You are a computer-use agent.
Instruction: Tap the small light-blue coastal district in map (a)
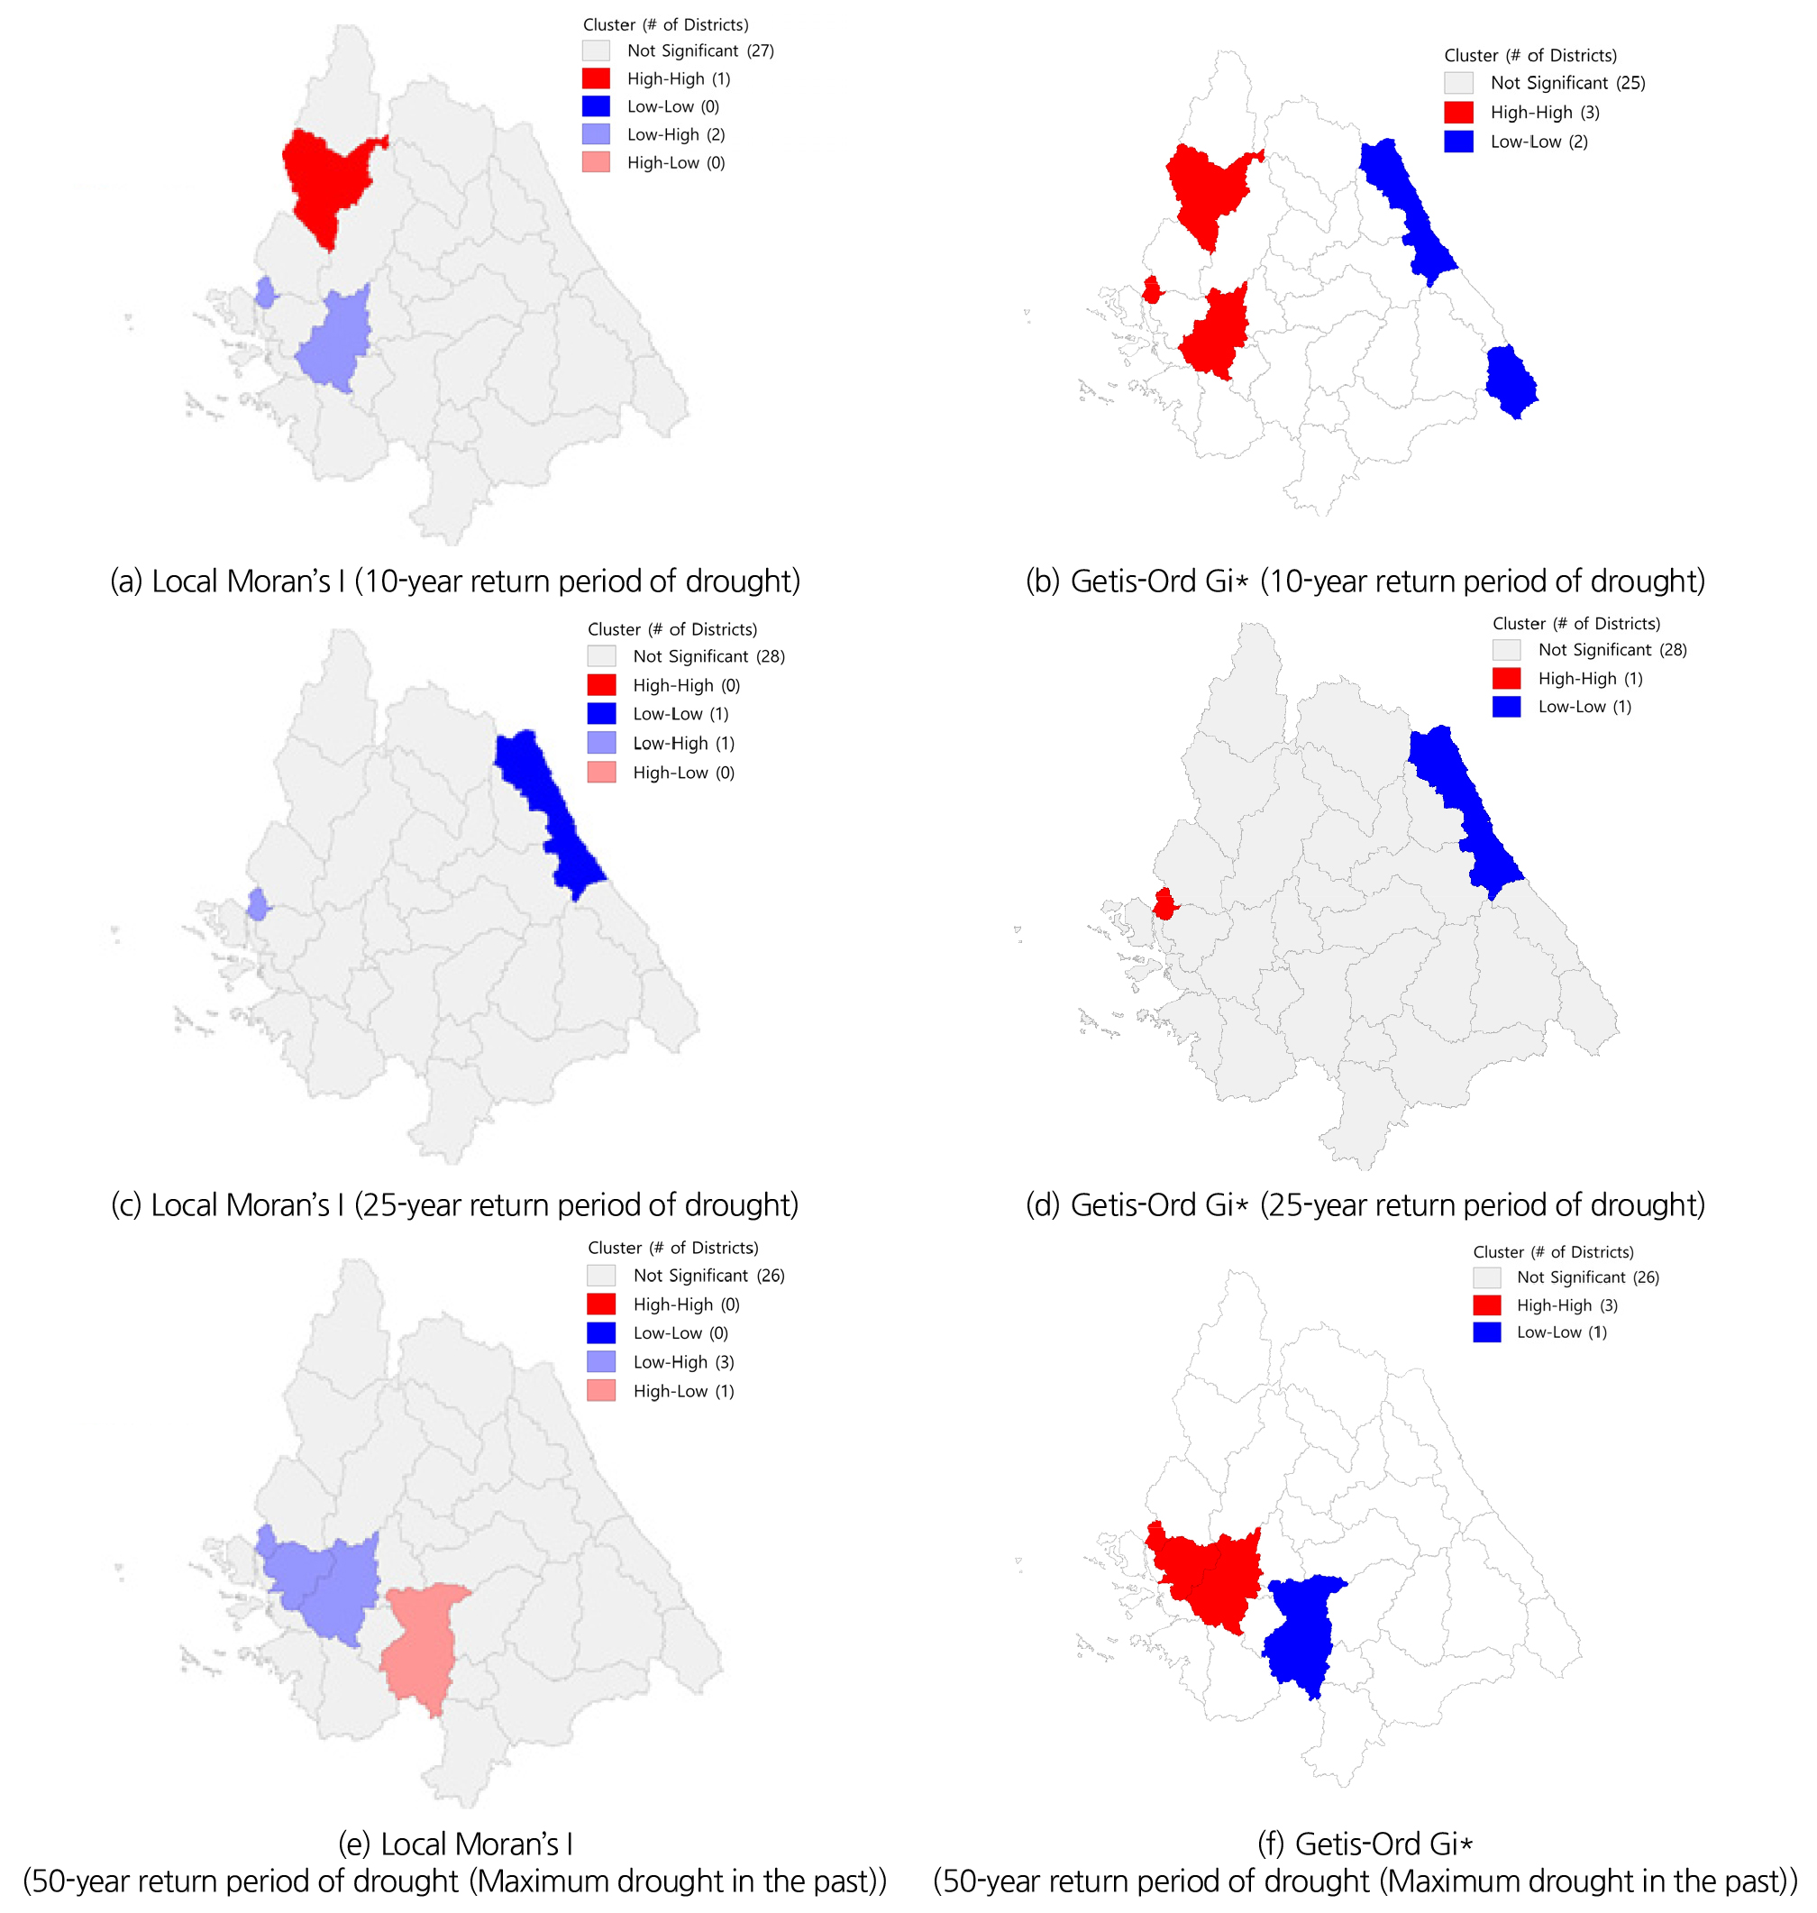tap(264, 292)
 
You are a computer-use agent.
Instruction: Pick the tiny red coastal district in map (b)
tap(1152, 289)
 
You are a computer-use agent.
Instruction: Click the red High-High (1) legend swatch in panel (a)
tap(596, 78)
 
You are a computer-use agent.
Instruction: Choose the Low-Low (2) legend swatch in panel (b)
tap(1457, 142)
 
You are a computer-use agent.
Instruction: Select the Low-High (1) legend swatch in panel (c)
tap(601, 743)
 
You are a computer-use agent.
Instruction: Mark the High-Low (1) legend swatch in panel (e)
tap(601, 1390)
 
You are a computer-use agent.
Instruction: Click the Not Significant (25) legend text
tap(1567, 83)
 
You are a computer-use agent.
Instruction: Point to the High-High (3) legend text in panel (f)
tap(1567, 1304)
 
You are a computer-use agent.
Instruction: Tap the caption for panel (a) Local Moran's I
tap(455, 581)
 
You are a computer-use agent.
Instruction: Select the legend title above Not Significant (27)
tap(665, 24)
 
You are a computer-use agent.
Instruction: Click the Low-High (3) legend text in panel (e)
tap(684, 1362)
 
